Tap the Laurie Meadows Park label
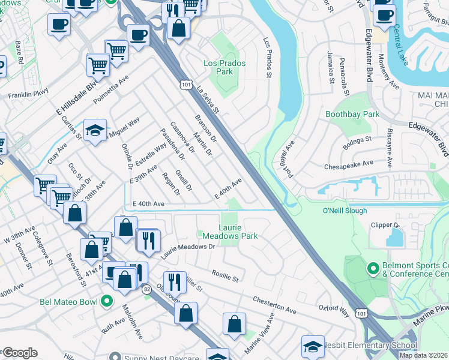[229, 232]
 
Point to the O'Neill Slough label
[345, 211]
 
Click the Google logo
[20, 353]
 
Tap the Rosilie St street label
[225, 275]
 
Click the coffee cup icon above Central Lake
[384, 14]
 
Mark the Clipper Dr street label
[388, 225]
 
